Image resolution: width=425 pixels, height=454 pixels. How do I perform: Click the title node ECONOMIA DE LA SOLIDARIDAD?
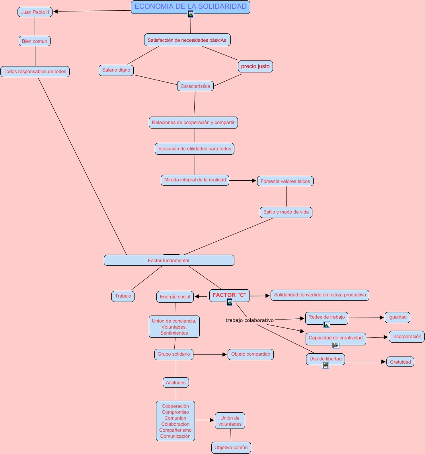(190, 6)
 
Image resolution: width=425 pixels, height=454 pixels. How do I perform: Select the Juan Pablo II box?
(35, 12)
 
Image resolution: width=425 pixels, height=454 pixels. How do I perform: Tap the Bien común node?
(35, 41)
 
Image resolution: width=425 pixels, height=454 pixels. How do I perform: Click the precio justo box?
(255, 66)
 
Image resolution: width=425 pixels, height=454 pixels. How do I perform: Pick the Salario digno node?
(116, 70)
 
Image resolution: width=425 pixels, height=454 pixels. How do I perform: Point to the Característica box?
(195, 86)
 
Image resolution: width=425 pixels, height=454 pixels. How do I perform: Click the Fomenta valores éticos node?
(285, 181)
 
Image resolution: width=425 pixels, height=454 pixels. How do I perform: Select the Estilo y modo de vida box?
(286, 212)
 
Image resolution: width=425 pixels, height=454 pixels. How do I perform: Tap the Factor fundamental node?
(169, 260)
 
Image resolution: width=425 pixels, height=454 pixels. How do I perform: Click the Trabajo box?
(123, 296)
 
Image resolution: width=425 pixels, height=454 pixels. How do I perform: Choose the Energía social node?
(175, 297)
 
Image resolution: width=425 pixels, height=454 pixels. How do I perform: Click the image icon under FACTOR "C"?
(230, 302)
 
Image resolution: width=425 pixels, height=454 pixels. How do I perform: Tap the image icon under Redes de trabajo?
(327, 325)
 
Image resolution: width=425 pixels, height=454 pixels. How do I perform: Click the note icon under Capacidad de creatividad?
(336, 345)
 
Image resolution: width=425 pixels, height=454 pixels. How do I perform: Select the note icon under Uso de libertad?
(326, 365)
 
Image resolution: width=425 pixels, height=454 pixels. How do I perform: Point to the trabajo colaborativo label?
(250, 320)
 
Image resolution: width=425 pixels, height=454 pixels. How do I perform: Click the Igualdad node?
(397, 317)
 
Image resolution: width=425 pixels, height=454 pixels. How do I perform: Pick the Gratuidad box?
(400, 362)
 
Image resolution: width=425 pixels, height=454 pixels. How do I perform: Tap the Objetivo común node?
(231, 447)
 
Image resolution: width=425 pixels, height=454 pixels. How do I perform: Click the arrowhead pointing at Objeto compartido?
(225, 354)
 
